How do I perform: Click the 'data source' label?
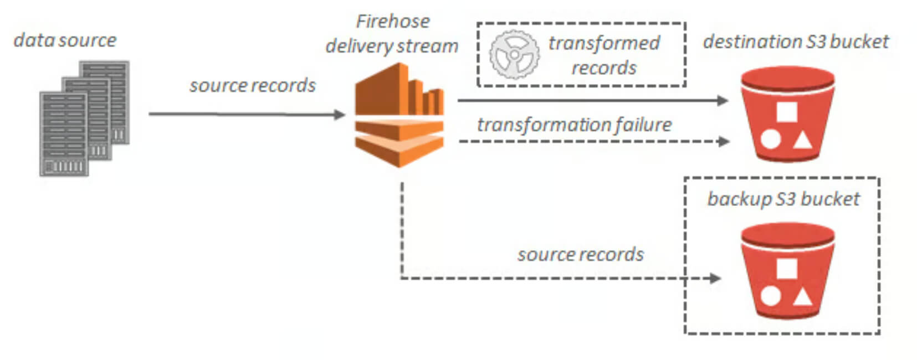pos(65,40)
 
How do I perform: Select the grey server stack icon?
pos(85,119)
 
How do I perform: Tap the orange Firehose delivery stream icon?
pos(399,115)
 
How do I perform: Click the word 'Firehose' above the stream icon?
pos(393,21)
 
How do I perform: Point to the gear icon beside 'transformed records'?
pos(515,54)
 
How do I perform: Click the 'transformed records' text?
pos(604,55)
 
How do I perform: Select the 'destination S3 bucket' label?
pos(796,42)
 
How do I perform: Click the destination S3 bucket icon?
pos(788,114)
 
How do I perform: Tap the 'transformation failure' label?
pos(575,125)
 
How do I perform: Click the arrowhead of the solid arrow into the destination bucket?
pos(723,100)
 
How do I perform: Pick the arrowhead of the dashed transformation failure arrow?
pos(724,142)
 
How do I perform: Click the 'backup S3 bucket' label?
pos(783,199)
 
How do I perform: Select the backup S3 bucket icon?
pos(788,271)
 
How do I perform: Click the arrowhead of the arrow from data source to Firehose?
pos(340,115)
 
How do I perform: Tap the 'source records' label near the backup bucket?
pos(581,254)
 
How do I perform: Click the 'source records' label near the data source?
pos(253,85)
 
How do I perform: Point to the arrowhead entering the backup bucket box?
pos(715,279)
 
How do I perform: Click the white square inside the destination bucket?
pos(787,112)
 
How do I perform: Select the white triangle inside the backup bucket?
pos(802,297)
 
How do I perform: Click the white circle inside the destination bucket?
pos(770,140)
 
